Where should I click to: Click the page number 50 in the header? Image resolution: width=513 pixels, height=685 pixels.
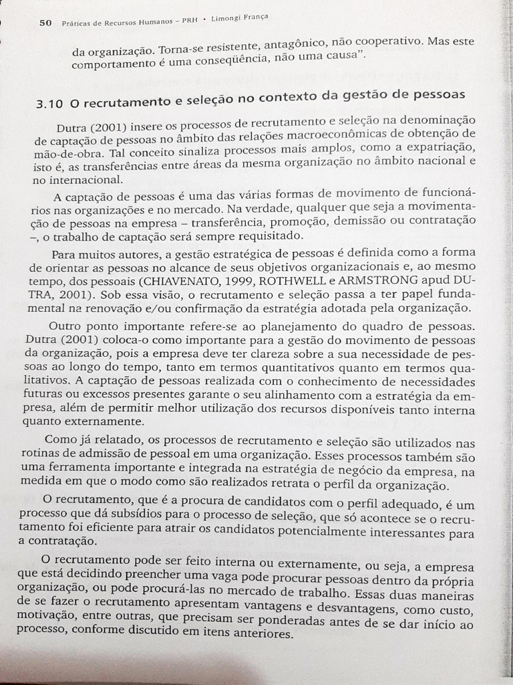point(45,22)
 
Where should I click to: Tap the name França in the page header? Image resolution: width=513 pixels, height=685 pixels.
point(254,17)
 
